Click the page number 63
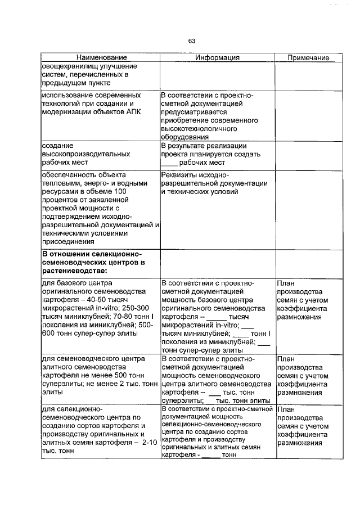[x=191, y=40]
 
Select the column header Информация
[x=217, y=57]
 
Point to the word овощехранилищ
[x=66, y=66]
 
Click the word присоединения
[x=69, y=241]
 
